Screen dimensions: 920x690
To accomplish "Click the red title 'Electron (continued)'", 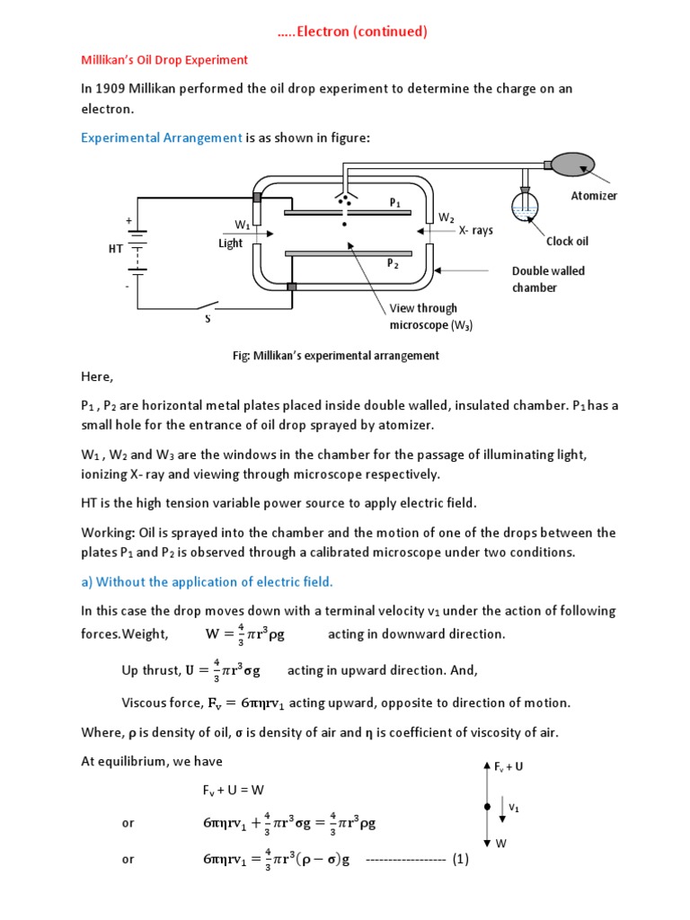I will point(351,31).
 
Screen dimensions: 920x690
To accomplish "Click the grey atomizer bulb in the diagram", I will point(571,164).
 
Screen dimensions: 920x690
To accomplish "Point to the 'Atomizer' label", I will point(594,196).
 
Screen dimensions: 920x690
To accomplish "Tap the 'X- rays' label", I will point(475,230).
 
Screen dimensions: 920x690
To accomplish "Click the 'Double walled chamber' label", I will point(548,279).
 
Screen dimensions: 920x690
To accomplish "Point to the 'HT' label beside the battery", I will point(115,249).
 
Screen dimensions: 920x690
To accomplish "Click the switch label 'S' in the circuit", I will point(208,319).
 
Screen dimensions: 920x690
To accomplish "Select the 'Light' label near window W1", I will point(230,243).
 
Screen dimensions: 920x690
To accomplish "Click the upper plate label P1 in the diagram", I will point(394,203).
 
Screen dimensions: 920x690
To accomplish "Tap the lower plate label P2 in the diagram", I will point(393,264).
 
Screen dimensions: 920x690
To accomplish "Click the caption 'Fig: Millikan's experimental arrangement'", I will point(336,355).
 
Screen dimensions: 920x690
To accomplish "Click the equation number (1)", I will point(461,859).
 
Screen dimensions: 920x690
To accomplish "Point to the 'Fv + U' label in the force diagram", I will point(509,766).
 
